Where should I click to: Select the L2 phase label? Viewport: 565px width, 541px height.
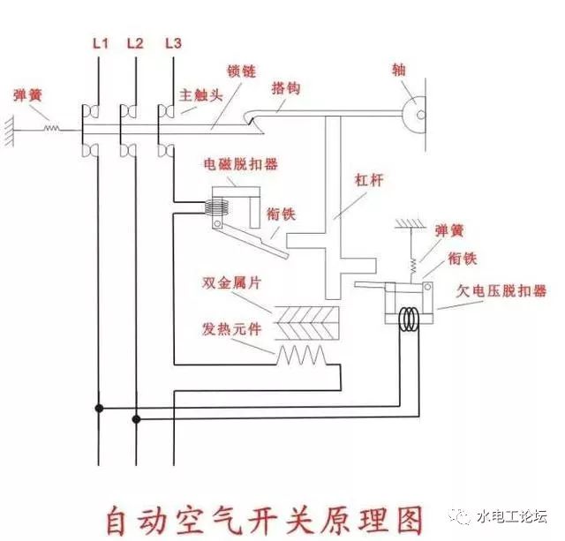click(x=135, y=41)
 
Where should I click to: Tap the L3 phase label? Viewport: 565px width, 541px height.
click(x=174, y=41)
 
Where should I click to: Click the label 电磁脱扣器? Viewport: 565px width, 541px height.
click(x=229, y=163)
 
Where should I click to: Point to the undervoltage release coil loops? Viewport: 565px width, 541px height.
click(x=409, y=318)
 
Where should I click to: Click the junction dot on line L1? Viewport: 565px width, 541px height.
click(x=98, y=408)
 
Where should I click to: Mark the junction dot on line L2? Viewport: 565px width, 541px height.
click(x=135, y=420)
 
